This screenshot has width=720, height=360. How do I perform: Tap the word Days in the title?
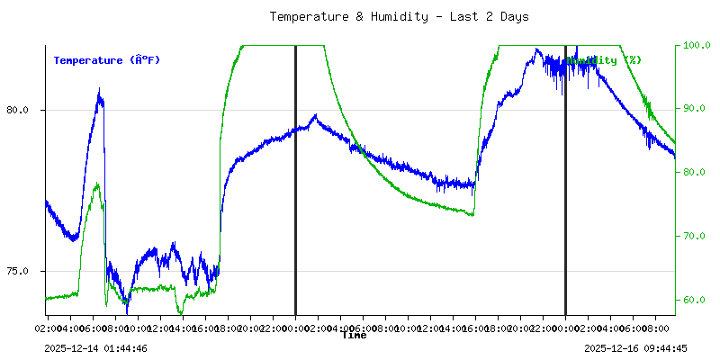[512, 16]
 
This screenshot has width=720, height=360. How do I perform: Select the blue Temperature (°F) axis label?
[106, 60]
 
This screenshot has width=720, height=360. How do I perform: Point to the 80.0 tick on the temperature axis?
[17, 110]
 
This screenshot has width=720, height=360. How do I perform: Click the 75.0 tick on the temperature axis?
[17, 271]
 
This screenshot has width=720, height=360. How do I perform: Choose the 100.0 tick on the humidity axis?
[697, 45]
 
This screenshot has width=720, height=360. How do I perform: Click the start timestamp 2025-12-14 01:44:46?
[95, 348]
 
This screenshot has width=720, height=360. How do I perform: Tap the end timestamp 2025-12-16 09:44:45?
[635, 348]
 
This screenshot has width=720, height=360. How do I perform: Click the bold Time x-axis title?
[354, 335]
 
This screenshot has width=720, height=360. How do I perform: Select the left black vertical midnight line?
[295, 180]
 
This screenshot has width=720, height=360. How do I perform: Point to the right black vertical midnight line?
[565, 180]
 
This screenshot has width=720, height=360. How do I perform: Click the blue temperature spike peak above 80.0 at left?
[99, 90]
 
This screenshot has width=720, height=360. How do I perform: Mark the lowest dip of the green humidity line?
[180, 312]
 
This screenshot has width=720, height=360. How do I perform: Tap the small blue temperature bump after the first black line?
[314, 115]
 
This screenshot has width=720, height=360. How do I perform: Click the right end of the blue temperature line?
[674, 156]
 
